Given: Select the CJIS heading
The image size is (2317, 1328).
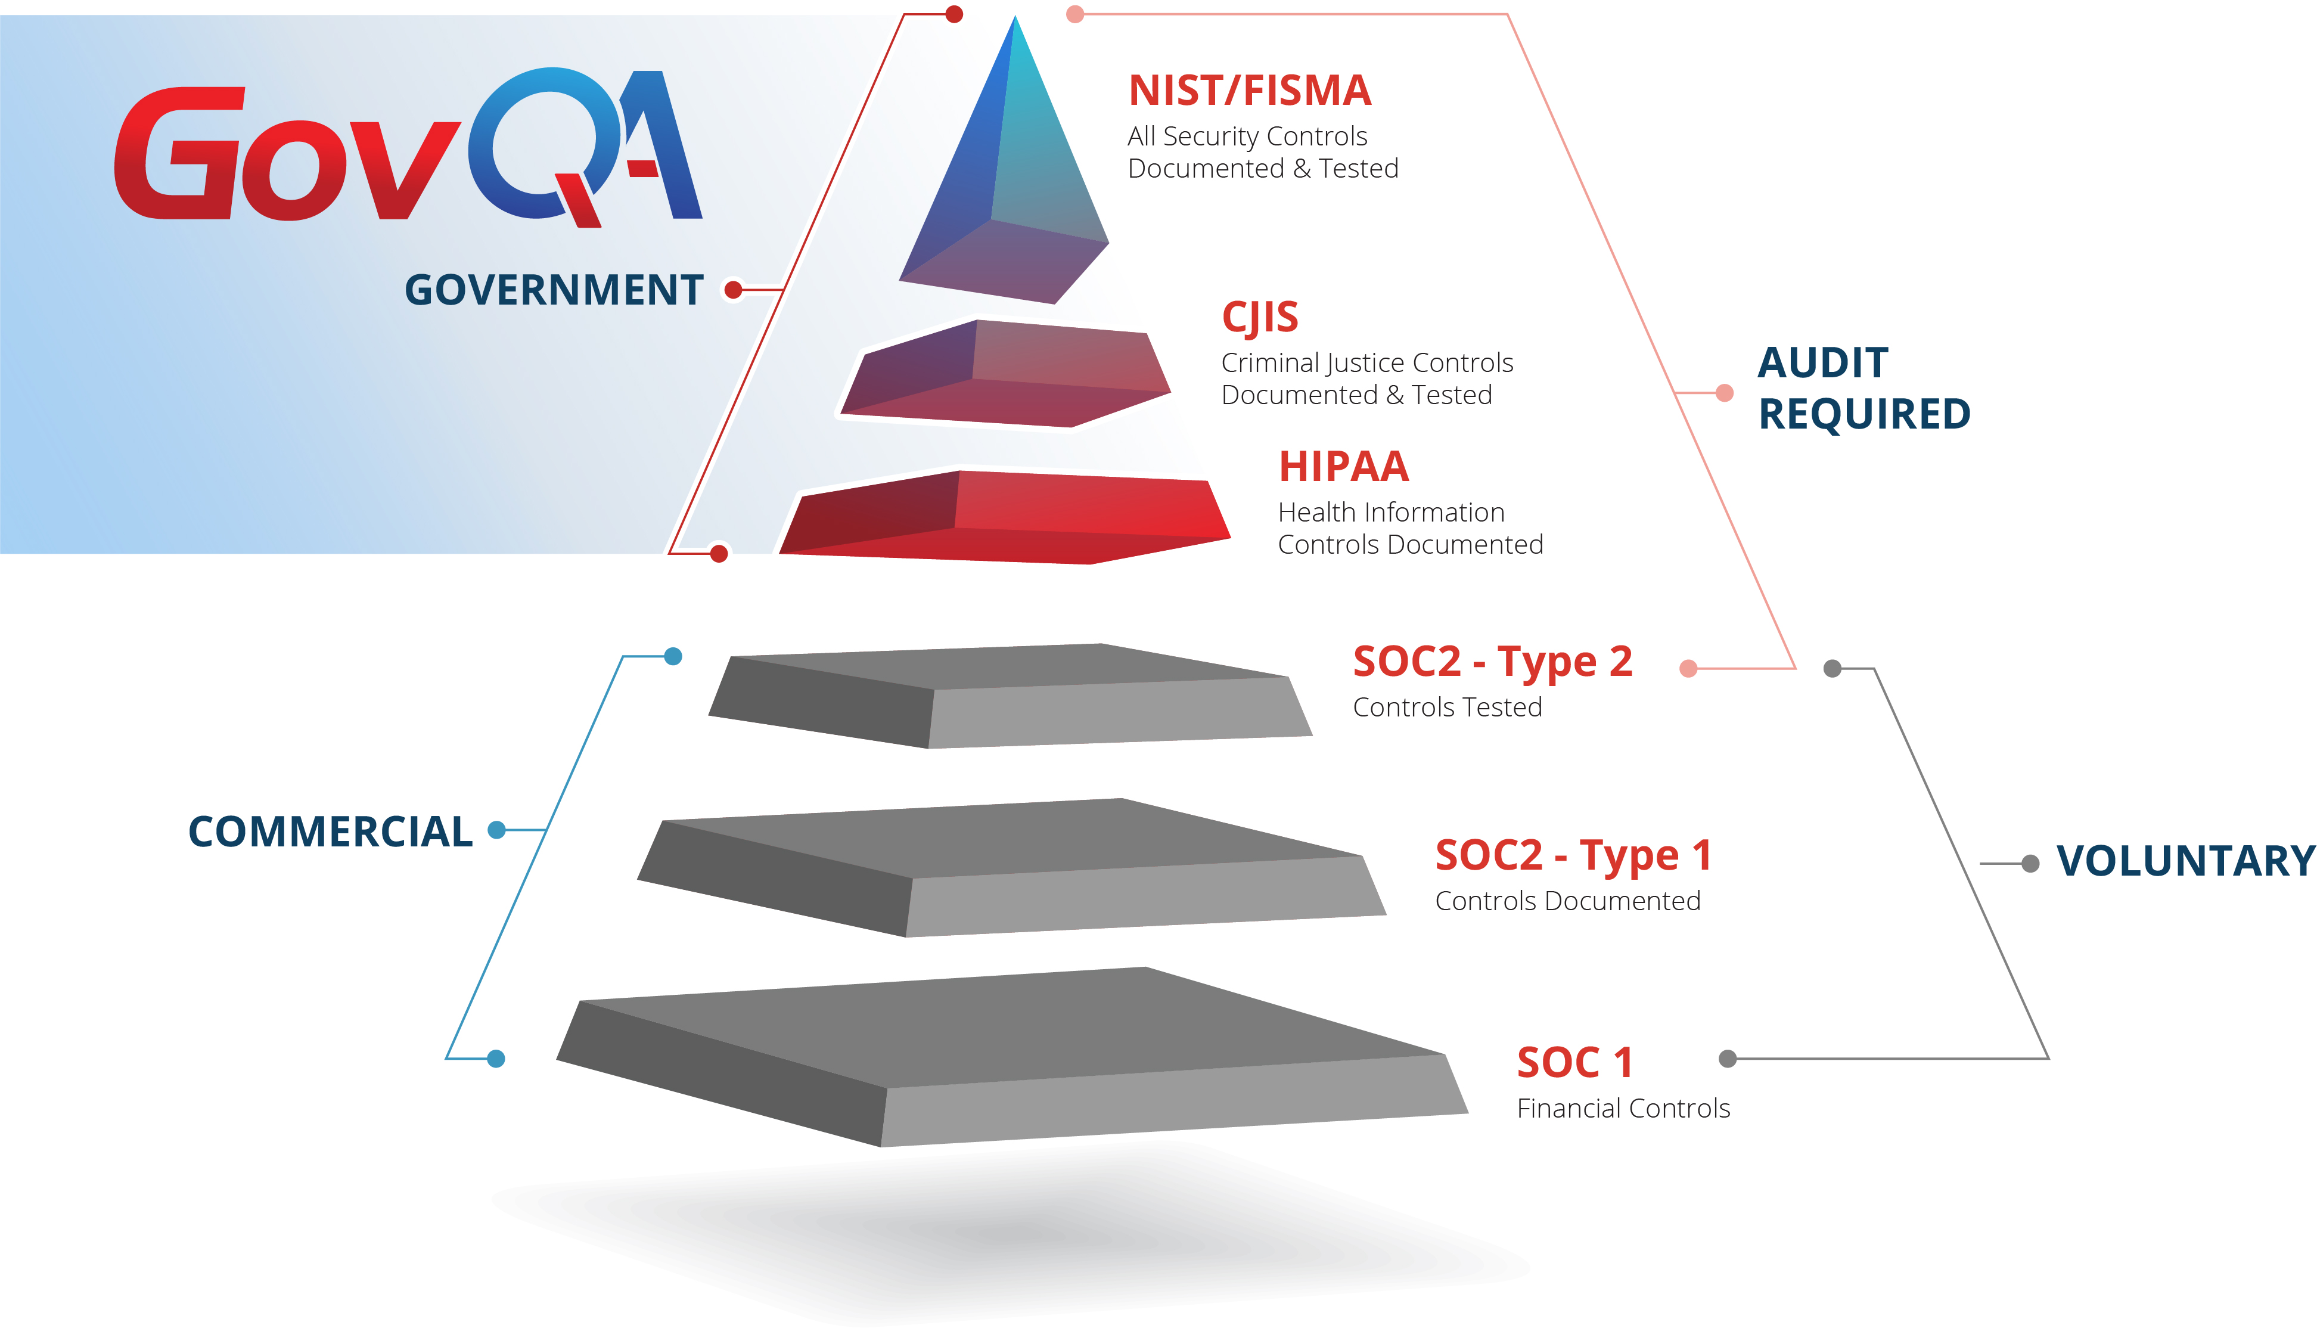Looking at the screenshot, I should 1259,318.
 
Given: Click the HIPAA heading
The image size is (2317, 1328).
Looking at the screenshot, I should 1343,467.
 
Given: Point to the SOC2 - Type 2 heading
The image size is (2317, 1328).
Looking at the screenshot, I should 1492,662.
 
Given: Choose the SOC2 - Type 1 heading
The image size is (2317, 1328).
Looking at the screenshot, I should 1573,855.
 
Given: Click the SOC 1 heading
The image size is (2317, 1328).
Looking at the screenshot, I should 1574,1063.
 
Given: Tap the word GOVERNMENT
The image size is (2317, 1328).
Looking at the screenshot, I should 554,290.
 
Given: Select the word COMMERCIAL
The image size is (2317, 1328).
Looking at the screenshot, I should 330,832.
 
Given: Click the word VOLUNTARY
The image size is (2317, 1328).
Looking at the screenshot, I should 2185,861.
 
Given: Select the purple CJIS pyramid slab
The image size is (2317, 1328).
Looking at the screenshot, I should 1003,374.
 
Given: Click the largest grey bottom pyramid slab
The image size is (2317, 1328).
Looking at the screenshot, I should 1003,1058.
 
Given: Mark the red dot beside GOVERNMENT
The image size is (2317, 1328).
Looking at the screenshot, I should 733,290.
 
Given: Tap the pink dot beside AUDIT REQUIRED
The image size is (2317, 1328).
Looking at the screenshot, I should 1724,393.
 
